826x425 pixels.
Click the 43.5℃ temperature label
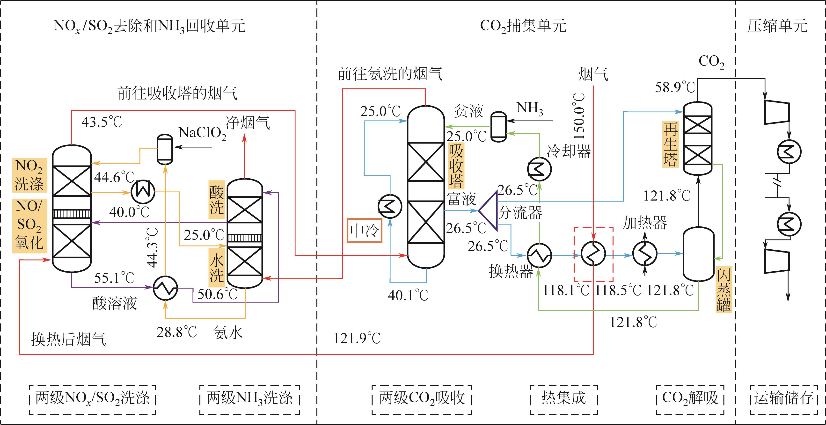point(102,122)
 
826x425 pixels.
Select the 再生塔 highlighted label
point(671,144)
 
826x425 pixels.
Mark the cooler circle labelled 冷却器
point(539,169)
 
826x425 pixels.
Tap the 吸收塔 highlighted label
point(456,166)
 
